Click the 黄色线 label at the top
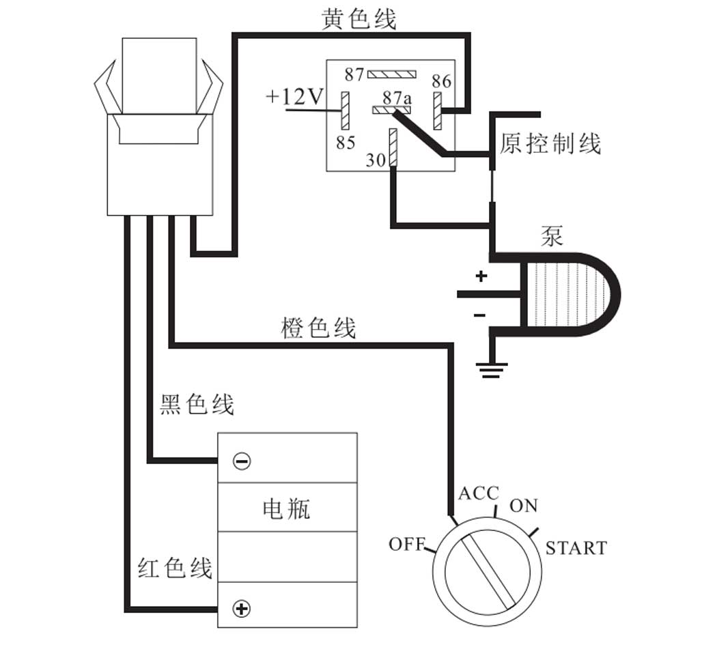tap(359, 19)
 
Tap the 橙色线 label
tap(318, 328)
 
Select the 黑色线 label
tap(197, 405)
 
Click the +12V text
tap(294, 97)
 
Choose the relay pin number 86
tap(442, 81)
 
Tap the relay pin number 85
tap(346, 143)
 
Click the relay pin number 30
tap(376, 160)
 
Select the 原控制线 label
tap(550, 144)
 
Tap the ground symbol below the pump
tap(492, 370)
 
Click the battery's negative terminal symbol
tap(242, 462)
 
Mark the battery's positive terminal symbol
tap(241, 608)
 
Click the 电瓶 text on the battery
tap(286, 508)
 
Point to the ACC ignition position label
tap(478, 493)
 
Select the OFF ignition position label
tap(406, 544)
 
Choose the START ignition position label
tap(576, 548)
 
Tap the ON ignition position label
tap(524, 506)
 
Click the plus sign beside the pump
tap(481, 276)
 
